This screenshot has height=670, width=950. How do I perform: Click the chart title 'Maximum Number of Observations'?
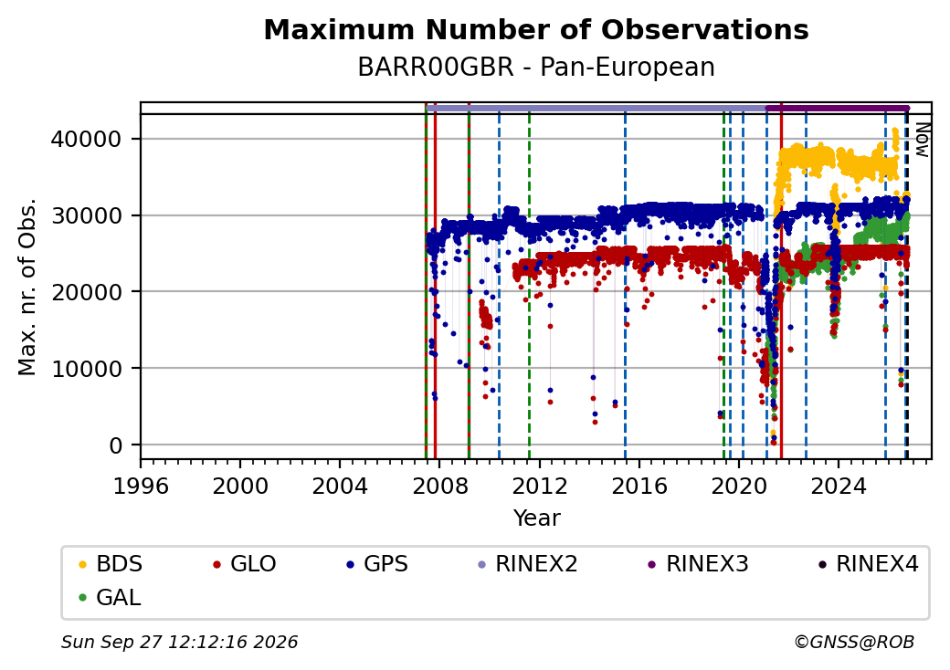(536, 29)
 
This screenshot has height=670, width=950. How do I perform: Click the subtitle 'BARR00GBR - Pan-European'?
(536, 68)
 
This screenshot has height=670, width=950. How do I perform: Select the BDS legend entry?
(111, 564)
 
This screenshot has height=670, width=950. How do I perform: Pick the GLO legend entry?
(245, 564)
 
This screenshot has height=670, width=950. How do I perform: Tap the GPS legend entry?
(377, 564)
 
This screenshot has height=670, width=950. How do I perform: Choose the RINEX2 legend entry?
(528, 564)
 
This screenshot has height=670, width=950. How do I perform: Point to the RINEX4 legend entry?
(868, 564)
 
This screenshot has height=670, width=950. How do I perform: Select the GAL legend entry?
(110, 597)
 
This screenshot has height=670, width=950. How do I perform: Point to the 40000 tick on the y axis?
(86, 140)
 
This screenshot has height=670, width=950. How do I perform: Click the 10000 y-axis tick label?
(86, 369)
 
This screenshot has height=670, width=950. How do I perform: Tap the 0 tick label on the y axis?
(116, 445)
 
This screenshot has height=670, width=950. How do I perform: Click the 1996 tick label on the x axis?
(141, 486)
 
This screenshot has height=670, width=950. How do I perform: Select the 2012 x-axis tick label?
(539, 486)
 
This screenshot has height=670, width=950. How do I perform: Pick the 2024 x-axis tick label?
(839, 486)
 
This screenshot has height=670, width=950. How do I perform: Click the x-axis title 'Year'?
(537, 518)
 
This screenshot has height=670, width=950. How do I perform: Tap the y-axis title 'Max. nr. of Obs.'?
(27, 287)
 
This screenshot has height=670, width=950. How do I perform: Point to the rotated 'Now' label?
(923, 140)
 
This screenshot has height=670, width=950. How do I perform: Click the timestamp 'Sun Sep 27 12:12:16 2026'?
(180, 642)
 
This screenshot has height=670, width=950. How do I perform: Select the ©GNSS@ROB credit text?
(854, 642)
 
